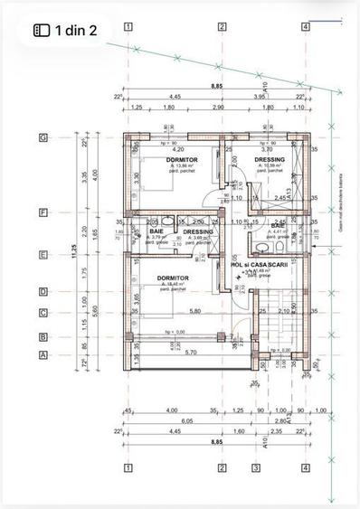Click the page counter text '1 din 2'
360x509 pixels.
point(77,30)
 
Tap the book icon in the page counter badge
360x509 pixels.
point(43,30)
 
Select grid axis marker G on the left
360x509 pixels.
point(43,137)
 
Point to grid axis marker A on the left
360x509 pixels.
point(43,355)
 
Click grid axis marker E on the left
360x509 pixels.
point(43,256)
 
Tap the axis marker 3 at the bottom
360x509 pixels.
point(256,467)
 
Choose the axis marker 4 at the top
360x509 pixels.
point(306,27)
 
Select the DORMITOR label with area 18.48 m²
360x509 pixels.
point(173,278)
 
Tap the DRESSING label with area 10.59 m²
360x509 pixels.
point(270,160)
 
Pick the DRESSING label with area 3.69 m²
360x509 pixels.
point(197,231)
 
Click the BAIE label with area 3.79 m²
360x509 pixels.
point(156,231)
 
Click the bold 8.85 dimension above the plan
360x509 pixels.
point(217,87)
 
